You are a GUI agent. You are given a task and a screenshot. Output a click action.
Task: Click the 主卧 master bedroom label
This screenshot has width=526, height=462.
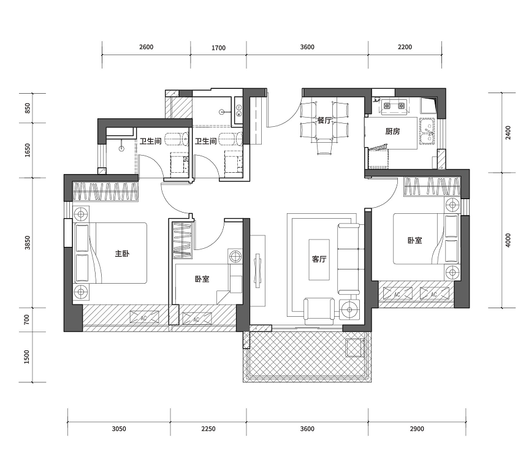coord(122,254)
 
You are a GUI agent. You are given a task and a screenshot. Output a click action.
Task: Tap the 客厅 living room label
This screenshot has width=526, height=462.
coord(319,259)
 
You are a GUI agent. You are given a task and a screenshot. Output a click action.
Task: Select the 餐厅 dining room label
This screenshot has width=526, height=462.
coord(324,120)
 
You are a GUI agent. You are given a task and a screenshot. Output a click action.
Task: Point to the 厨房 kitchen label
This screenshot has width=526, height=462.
coord(392,131)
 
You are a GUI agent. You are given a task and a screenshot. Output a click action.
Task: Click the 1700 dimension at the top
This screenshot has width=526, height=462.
coord(218,48)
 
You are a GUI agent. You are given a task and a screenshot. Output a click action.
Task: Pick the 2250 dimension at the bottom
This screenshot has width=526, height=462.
coord(208,429)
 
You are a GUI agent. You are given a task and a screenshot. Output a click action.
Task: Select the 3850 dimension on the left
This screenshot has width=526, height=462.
coord(28,243)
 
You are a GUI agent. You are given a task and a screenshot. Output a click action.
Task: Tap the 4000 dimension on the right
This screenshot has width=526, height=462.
coord(508,240)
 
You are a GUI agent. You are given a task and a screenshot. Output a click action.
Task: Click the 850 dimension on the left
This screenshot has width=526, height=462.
coord(28,108)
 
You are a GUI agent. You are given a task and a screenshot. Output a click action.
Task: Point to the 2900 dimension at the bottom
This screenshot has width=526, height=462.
coord(417,429)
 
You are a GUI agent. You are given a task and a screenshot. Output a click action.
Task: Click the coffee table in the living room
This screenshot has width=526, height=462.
coord(319,260)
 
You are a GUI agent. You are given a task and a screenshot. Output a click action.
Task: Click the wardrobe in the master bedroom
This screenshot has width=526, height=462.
coord(105,191)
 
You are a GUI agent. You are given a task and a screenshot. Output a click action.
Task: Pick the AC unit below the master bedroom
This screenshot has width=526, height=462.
coord(144,317)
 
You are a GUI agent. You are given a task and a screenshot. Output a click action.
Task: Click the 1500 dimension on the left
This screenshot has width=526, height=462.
coord(27,357)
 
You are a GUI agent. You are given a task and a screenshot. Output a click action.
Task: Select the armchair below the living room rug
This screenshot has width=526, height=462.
coord(319,311)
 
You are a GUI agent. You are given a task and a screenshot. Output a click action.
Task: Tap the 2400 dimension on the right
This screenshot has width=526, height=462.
coord(508,133)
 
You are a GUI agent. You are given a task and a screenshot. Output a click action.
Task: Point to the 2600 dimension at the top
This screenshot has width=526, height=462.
coord(147,47)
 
